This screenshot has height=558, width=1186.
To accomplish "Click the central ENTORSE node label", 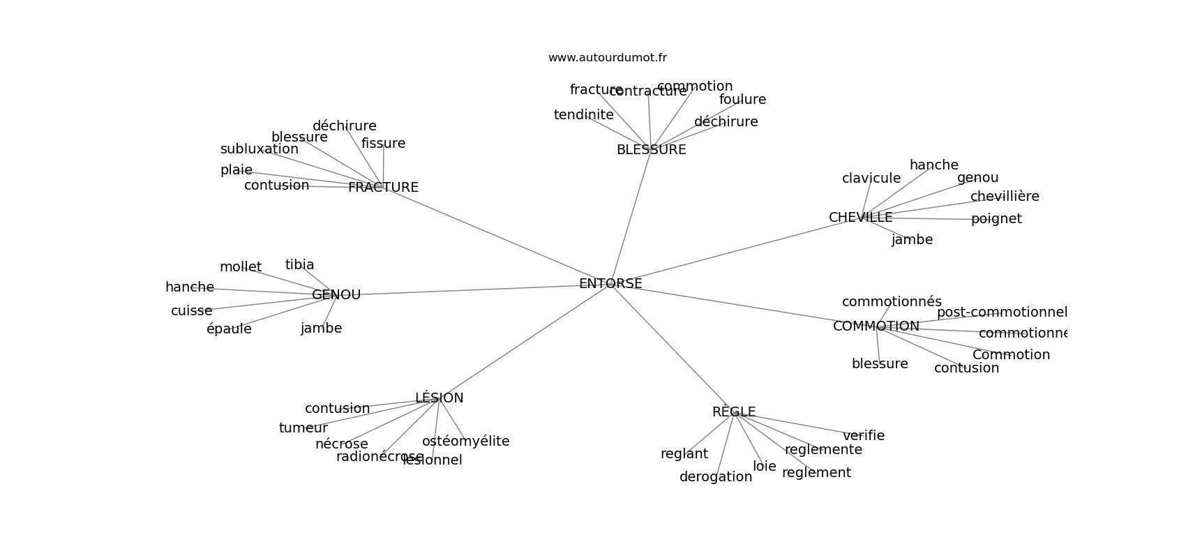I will click(x=610, y=284).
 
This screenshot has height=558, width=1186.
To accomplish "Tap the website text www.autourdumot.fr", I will click(x=607, y=58).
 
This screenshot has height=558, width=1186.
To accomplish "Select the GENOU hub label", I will click(x=336, y=295).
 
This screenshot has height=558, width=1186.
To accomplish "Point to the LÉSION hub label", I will click(x=439, y=398).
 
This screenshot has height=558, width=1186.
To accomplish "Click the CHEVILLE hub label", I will click(x=860, y=218).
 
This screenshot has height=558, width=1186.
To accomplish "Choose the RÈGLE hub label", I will click(x=734, y=412).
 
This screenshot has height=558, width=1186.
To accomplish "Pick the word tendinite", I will click(x=583, y=115).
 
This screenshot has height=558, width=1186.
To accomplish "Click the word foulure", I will click(x=742, y=100).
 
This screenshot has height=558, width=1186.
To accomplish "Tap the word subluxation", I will click(x=259, y=149).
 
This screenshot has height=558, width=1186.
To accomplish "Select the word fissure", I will click(x=383, y=144).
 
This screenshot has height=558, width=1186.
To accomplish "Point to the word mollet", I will click(x=241, y=267).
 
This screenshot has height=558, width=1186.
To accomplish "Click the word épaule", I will click(x=229, y=329).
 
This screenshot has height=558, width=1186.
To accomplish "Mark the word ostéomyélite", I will click(x=465, y=442).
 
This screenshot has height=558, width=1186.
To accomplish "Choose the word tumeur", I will click(x=303, y=428).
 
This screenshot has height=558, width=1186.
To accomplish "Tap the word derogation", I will click(x=716, y=477).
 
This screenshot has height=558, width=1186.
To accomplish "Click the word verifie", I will click(x=864, y=436).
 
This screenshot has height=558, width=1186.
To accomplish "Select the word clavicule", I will click(x=871, y=179).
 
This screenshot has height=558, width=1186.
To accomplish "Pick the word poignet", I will click(x=996, y=219).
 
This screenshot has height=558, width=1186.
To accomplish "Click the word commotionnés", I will click(x=892, y=302).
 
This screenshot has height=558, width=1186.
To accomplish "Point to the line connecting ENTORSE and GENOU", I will click(x=467, y=290).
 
